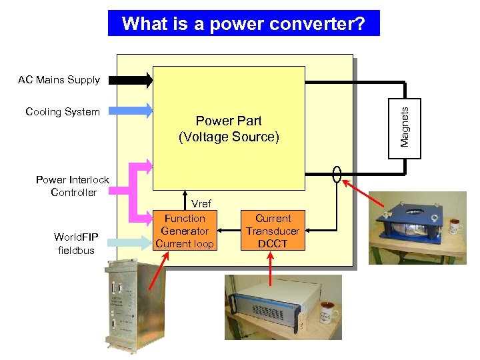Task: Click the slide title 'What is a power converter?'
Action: [x=243, y=24]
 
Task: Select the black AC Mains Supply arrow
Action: [x=131, y=80]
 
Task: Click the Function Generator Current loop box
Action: [x=185, y=231]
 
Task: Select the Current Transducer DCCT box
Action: [x=273, y=231]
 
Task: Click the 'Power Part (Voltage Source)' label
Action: [x=229, y=129]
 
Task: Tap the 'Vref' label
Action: [x=201, y=204]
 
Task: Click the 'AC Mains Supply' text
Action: [x=59, y=80]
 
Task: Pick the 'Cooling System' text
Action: [x=62, y=111]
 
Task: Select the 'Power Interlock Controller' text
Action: [x=72, y=186]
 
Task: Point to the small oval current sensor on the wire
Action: [x=337, y=175]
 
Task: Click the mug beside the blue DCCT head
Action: [x=456, y=226]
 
